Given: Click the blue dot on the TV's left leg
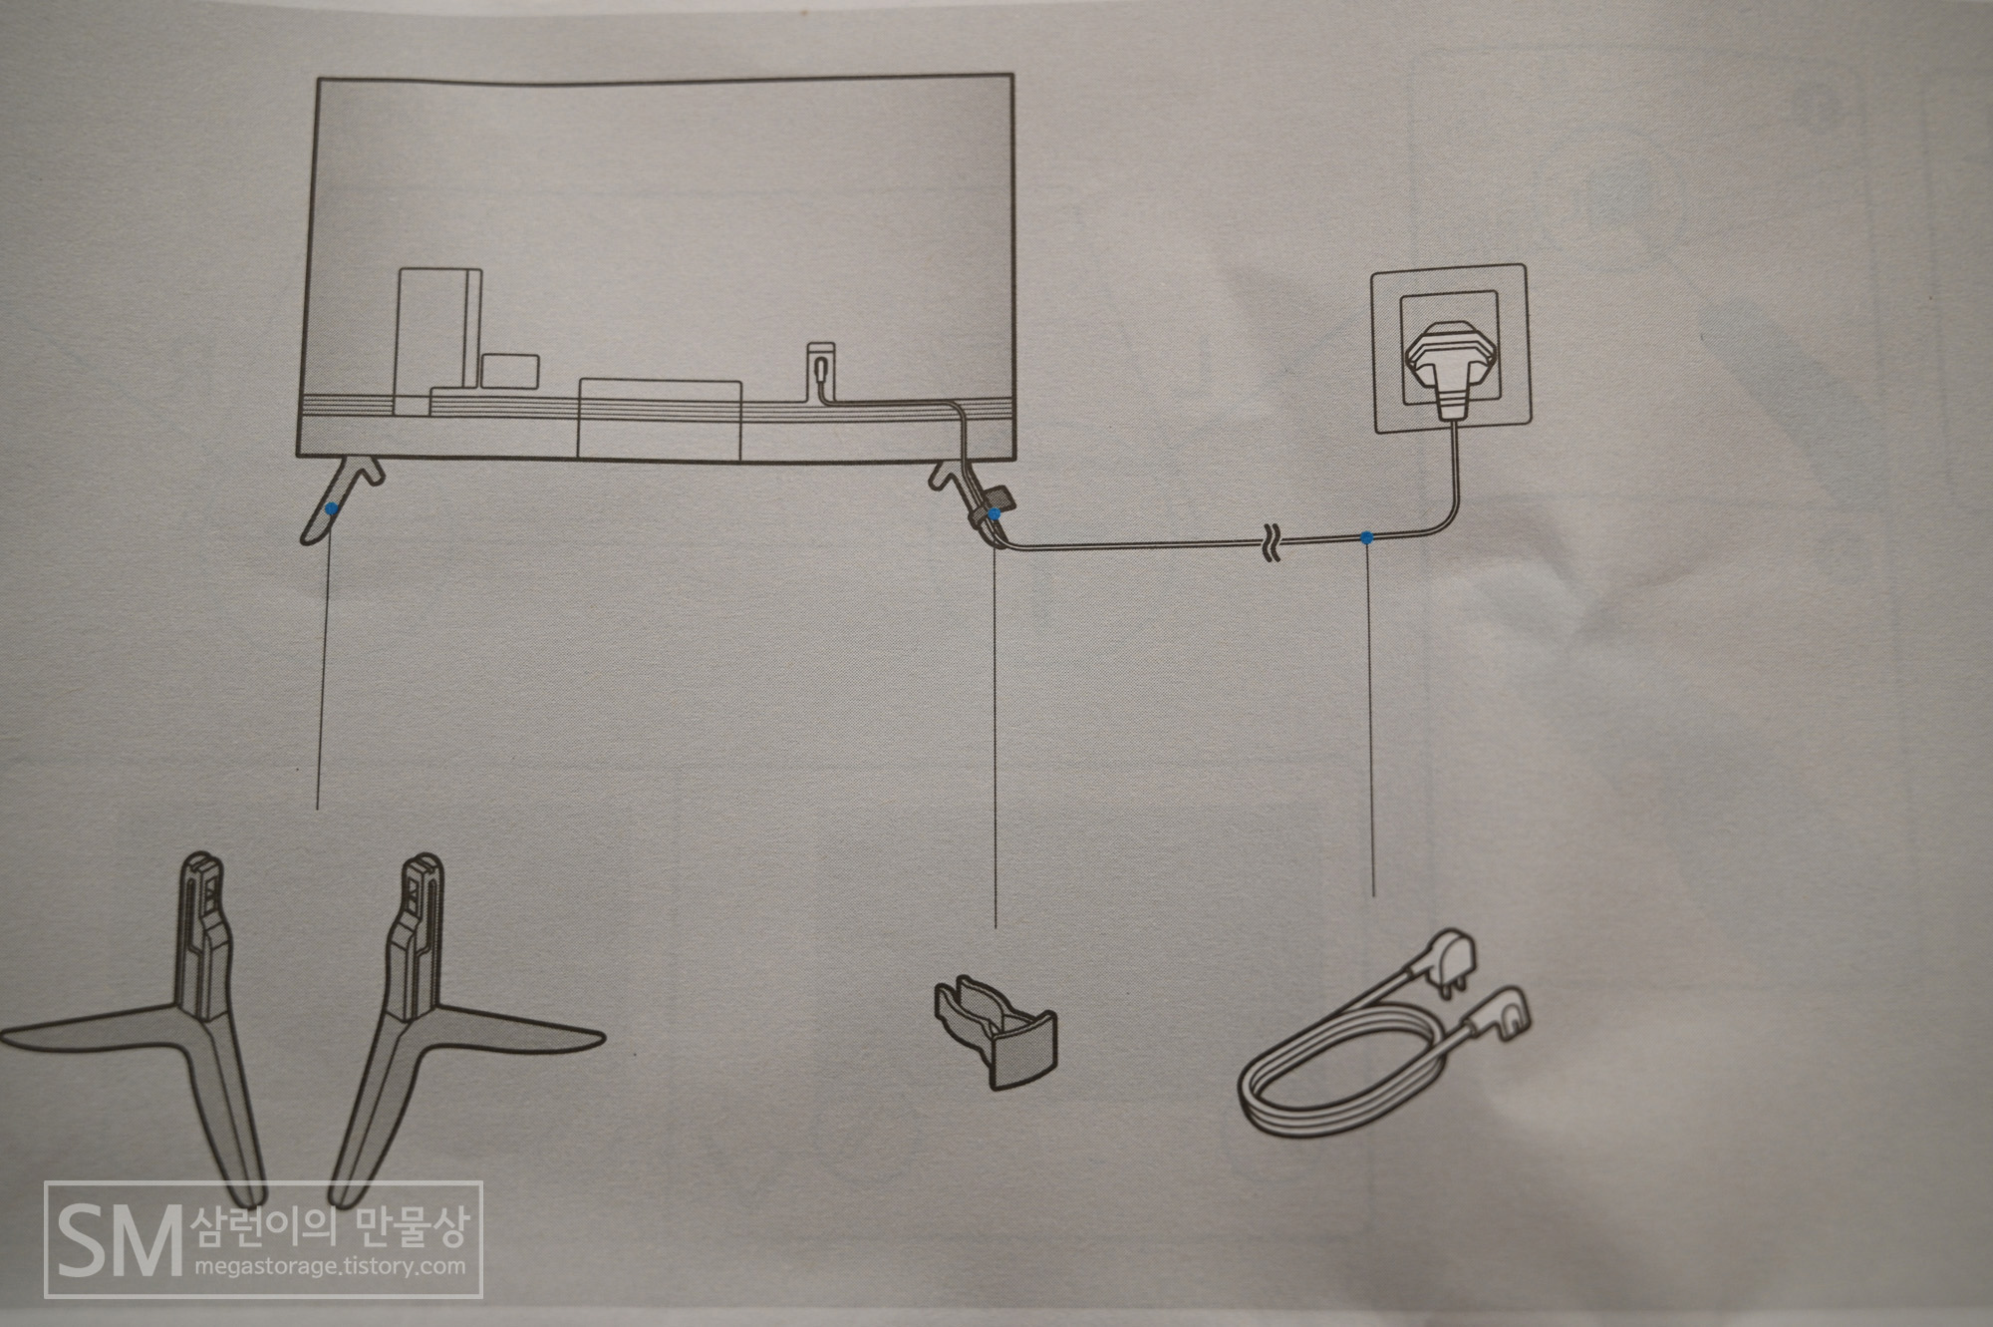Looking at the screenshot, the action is click(329, 508).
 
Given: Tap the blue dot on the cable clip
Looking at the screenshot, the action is click(994, 512).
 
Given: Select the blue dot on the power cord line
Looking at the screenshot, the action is click(1367, 538).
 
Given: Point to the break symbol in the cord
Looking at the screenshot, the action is click(1274, 542).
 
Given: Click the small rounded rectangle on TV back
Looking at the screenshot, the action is click(510, 371).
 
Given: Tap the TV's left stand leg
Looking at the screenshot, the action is click(339, 498).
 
